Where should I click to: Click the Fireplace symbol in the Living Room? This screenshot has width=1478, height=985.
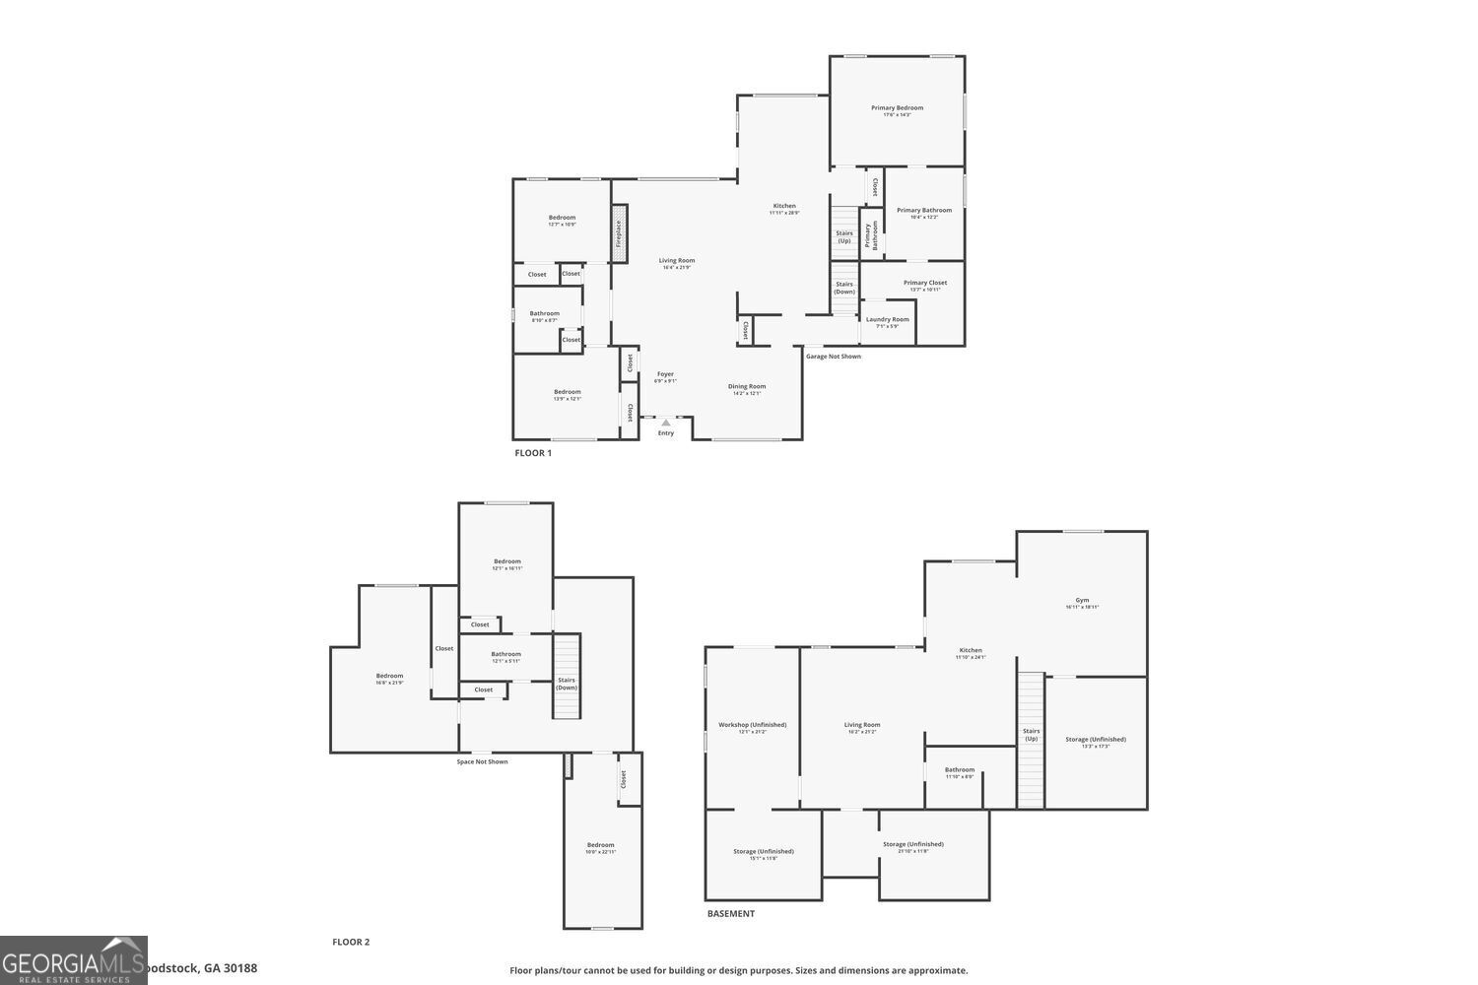pos(619,233)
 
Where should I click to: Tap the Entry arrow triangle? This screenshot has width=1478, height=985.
pos(666,423)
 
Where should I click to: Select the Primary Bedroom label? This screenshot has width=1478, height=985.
pos(897,108)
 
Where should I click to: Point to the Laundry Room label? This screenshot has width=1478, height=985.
pos(888,319)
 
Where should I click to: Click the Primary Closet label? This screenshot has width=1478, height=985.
pos(925,283)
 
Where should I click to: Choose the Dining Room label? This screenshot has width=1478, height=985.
pos(747,386)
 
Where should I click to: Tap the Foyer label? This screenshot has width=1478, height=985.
pos(666,374)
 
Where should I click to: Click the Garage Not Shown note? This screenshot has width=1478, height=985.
pos(834,357)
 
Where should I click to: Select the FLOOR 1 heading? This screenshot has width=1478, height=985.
pos(533,453)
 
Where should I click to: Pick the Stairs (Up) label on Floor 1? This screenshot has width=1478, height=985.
pos(844,236)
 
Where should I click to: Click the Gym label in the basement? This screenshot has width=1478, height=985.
pos(1082,600)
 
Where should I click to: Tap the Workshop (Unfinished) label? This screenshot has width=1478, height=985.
pos(752,725)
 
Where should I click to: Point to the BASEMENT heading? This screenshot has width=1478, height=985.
pos(731,914)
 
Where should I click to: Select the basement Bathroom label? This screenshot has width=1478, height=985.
pos(960,770)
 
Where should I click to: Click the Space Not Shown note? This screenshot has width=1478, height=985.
pos(483,761)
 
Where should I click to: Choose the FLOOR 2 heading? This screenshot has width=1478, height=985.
pos(351,943)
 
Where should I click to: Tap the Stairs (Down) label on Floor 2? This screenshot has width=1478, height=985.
pos(567,683)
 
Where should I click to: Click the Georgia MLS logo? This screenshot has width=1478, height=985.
pos(74,960)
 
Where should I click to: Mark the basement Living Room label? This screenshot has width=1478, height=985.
pos(862,725)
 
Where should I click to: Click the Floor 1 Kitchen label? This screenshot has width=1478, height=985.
pos(784,206)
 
